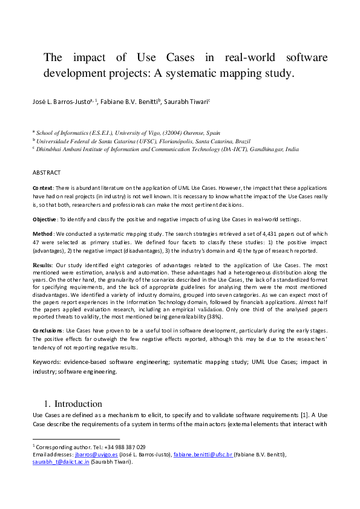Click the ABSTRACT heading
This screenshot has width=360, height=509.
coord(47,172)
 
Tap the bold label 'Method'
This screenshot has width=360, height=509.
coord(42,233)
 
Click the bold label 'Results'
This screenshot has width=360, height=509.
coord(42,265)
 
